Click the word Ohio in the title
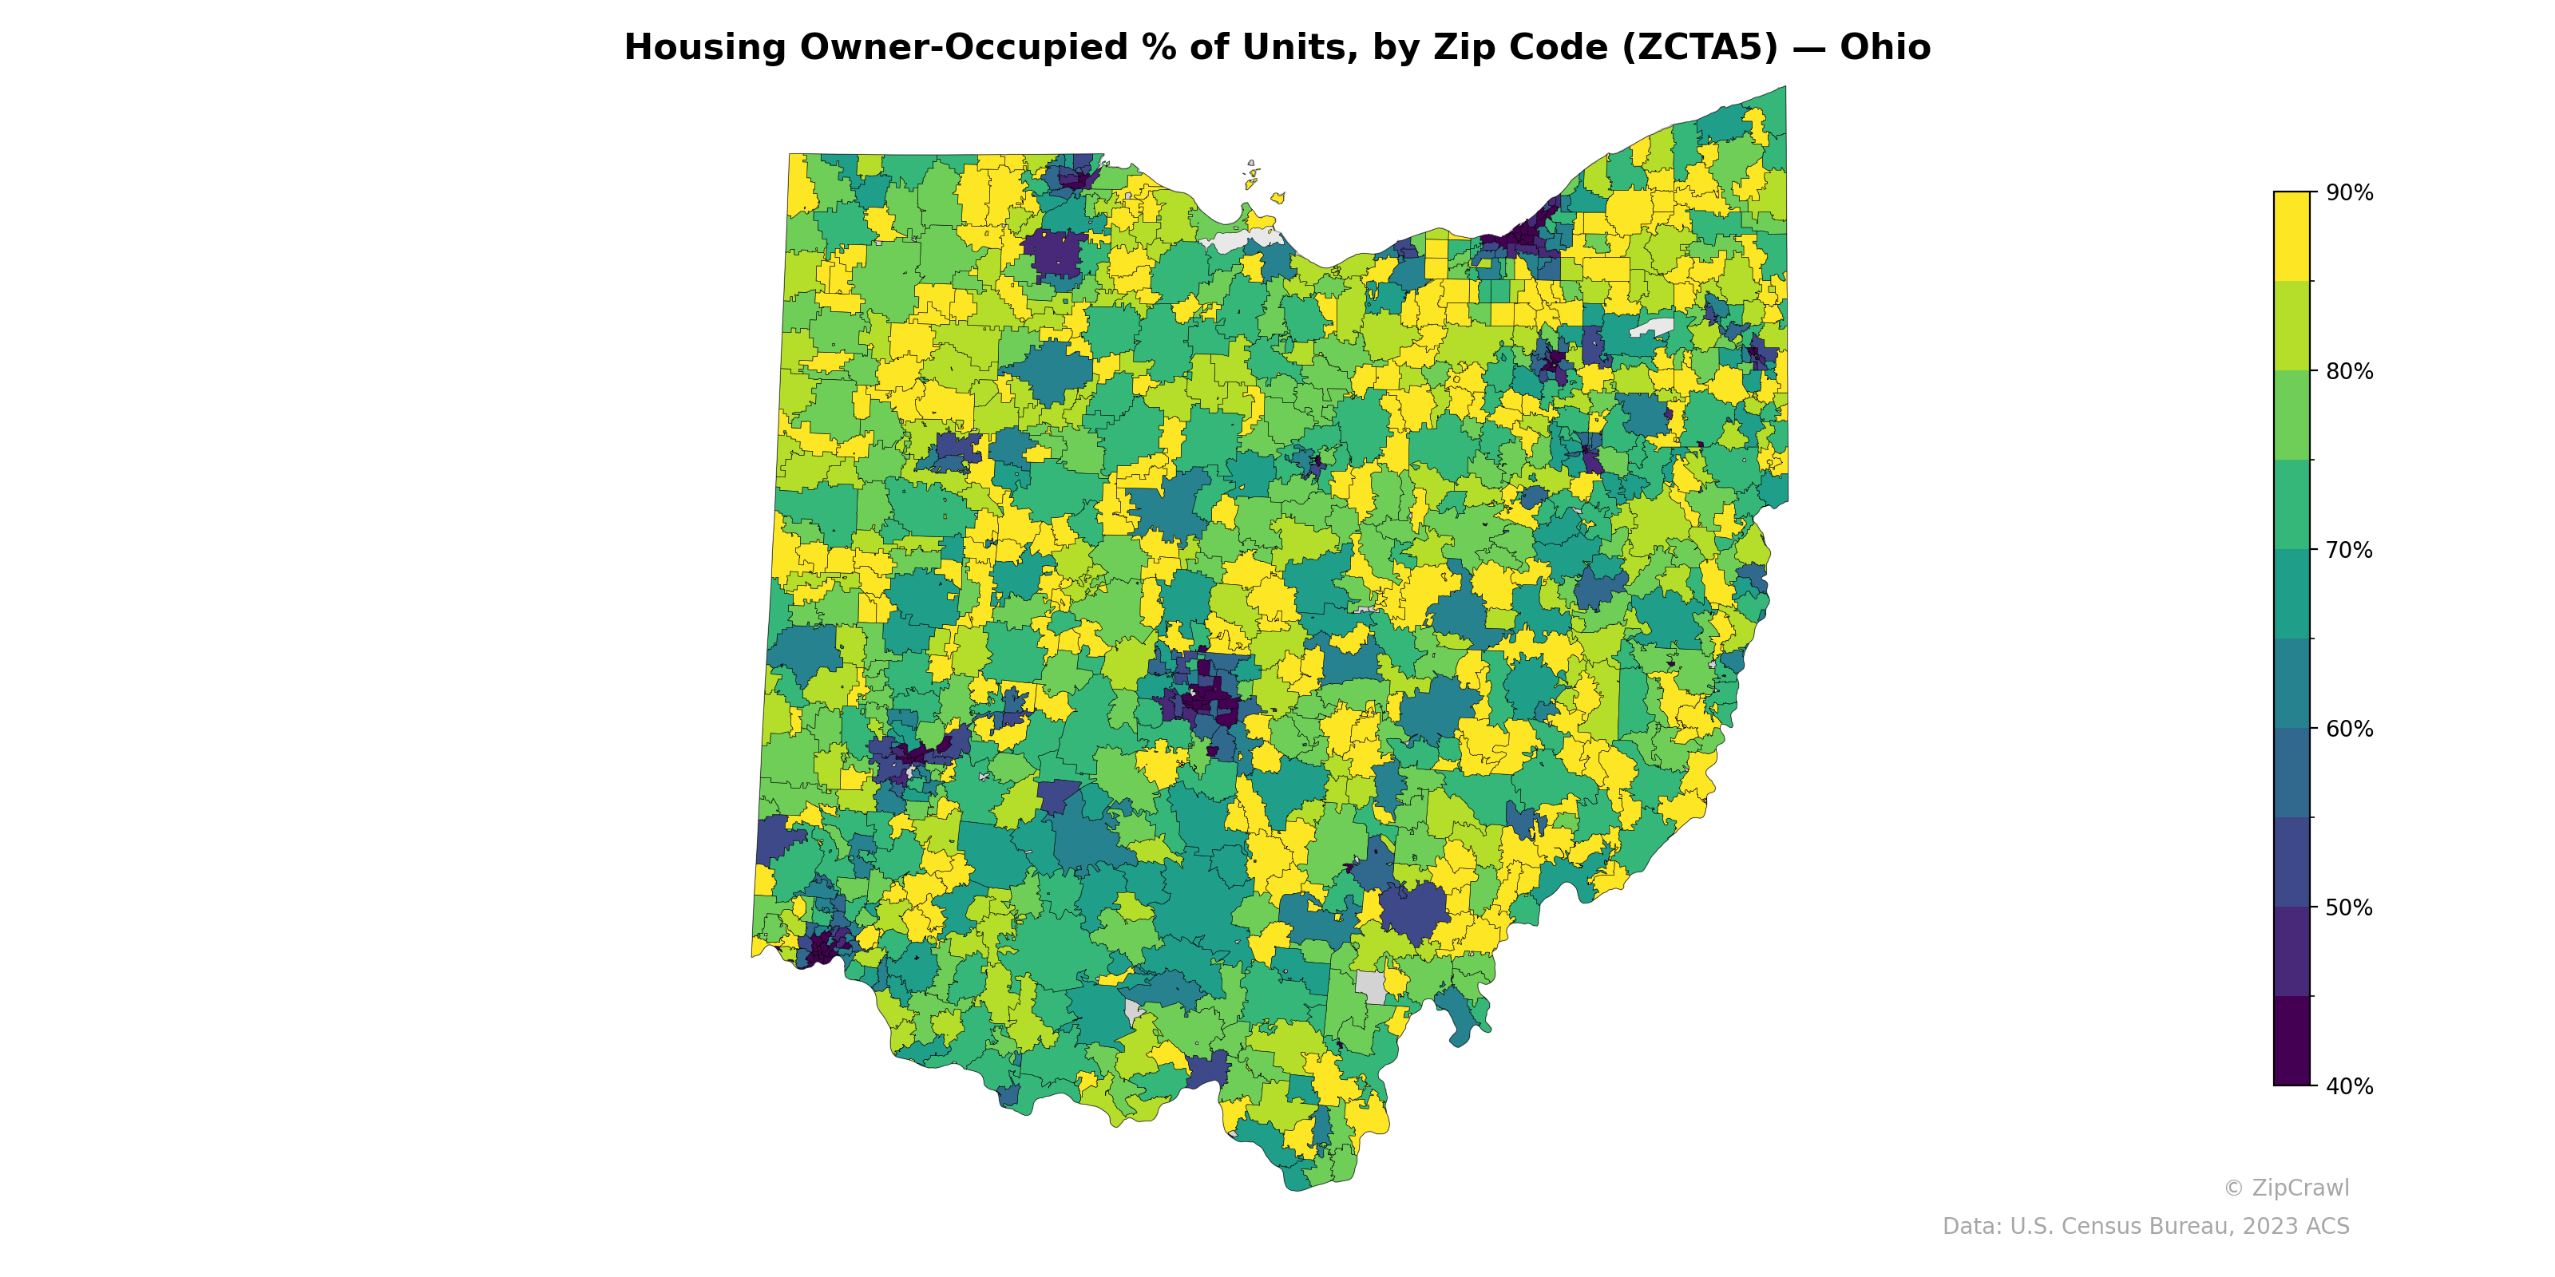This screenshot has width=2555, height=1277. coord(1884,48)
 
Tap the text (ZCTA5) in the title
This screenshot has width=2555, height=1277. coord(1700,48)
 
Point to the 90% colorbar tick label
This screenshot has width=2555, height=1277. coord(2349,193)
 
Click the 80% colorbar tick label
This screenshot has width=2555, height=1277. coord(2349,372)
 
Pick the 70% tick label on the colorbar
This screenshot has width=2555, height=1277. coord(2349,550)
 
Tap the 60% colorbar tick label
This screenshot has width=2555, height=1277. coord(2349,729)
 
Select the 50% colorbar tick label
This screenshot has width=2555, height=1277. coord(2349,907)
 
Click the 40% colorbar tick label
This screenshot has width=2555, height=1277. coord(2349,1085)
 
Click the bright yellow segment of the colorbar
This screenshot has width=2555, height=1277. coord(2292,236)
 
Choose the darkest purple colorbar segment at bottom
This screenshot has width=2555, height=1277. coord(2292,1041)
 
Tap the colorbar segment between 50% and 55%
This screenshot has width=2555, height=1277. coord(2292,862)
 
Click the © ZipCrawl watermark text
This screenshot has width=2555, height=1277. coord(2285,1188)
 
